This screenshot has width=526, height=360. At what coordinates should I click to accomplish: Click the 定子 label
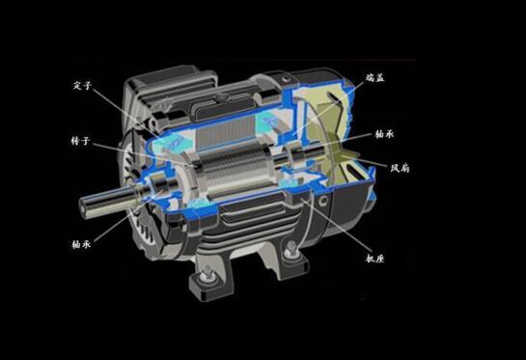point(82,85)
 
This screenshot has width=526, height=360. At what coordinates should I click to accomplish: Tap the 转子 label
point(80,141)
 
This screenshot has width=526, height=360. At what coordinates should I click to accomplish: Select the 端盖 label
point(374,78)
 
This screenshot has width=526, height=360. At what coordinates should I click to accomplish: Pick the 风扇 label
point(400,168)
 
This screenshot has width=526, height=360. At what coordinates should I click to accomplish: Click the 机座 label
point(374,258)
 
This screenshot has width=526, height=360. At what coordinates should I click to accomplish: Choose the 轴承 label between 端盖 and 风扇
point(384,134)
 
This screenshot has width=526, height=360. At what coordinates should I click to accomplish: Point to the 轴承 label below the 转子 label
point(81,244)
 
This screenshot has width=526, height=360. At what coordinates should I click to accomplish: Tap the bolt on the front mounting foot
point(207,273)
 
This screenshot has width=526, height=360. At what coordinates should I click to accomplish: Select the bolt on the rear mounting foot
point(291,249)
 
